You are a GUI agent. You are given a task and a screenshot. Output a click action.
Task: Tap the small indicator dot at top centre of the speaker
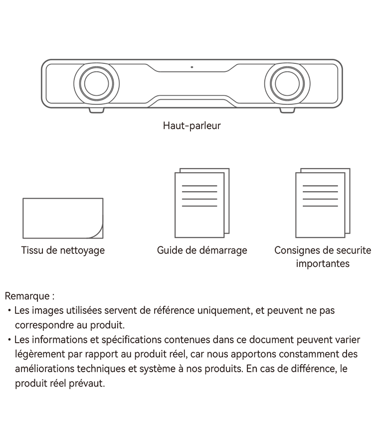click(x=192, y=67)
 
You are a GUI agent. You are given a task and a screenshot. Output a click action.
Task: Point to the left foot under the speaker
click(x=97, y=110)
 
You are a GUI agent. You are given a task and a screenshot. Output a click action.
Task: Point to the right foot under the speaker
click(x=287, y=110)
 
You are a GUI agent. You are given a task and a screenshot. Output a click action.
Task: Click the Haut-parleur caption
click(x=192, y=126)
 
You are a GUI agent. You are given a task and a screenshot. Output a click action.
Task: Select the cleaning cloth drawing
click(x=63, y=219)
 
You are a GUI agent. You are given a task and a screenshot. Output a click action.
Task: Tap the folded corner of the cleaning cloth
click(x=97, y=232)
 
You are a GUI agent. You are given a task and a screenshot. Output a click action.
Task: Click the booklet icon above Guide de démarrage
click(x=202, y=203)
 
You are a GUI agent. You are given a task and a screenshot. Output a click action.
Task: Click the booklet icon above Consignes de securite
click(x=323, y=203)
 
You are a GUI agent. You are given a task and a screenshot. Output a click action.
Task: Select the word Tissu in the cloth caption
click(x=32, y=250)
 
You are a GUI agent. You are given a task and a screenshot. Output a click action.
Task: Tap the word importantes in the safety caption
click(x=323, y=263)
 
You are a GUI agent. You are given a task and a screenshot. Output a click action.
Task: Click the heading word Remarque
click(x=27, y=296)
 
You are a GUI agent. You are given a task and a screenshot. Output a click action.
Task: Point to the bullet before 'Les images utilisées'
click(x=9, y=310)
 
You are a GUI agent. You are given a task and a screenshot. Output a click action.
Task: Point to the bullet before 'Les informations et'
click(x=9, y=340)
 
